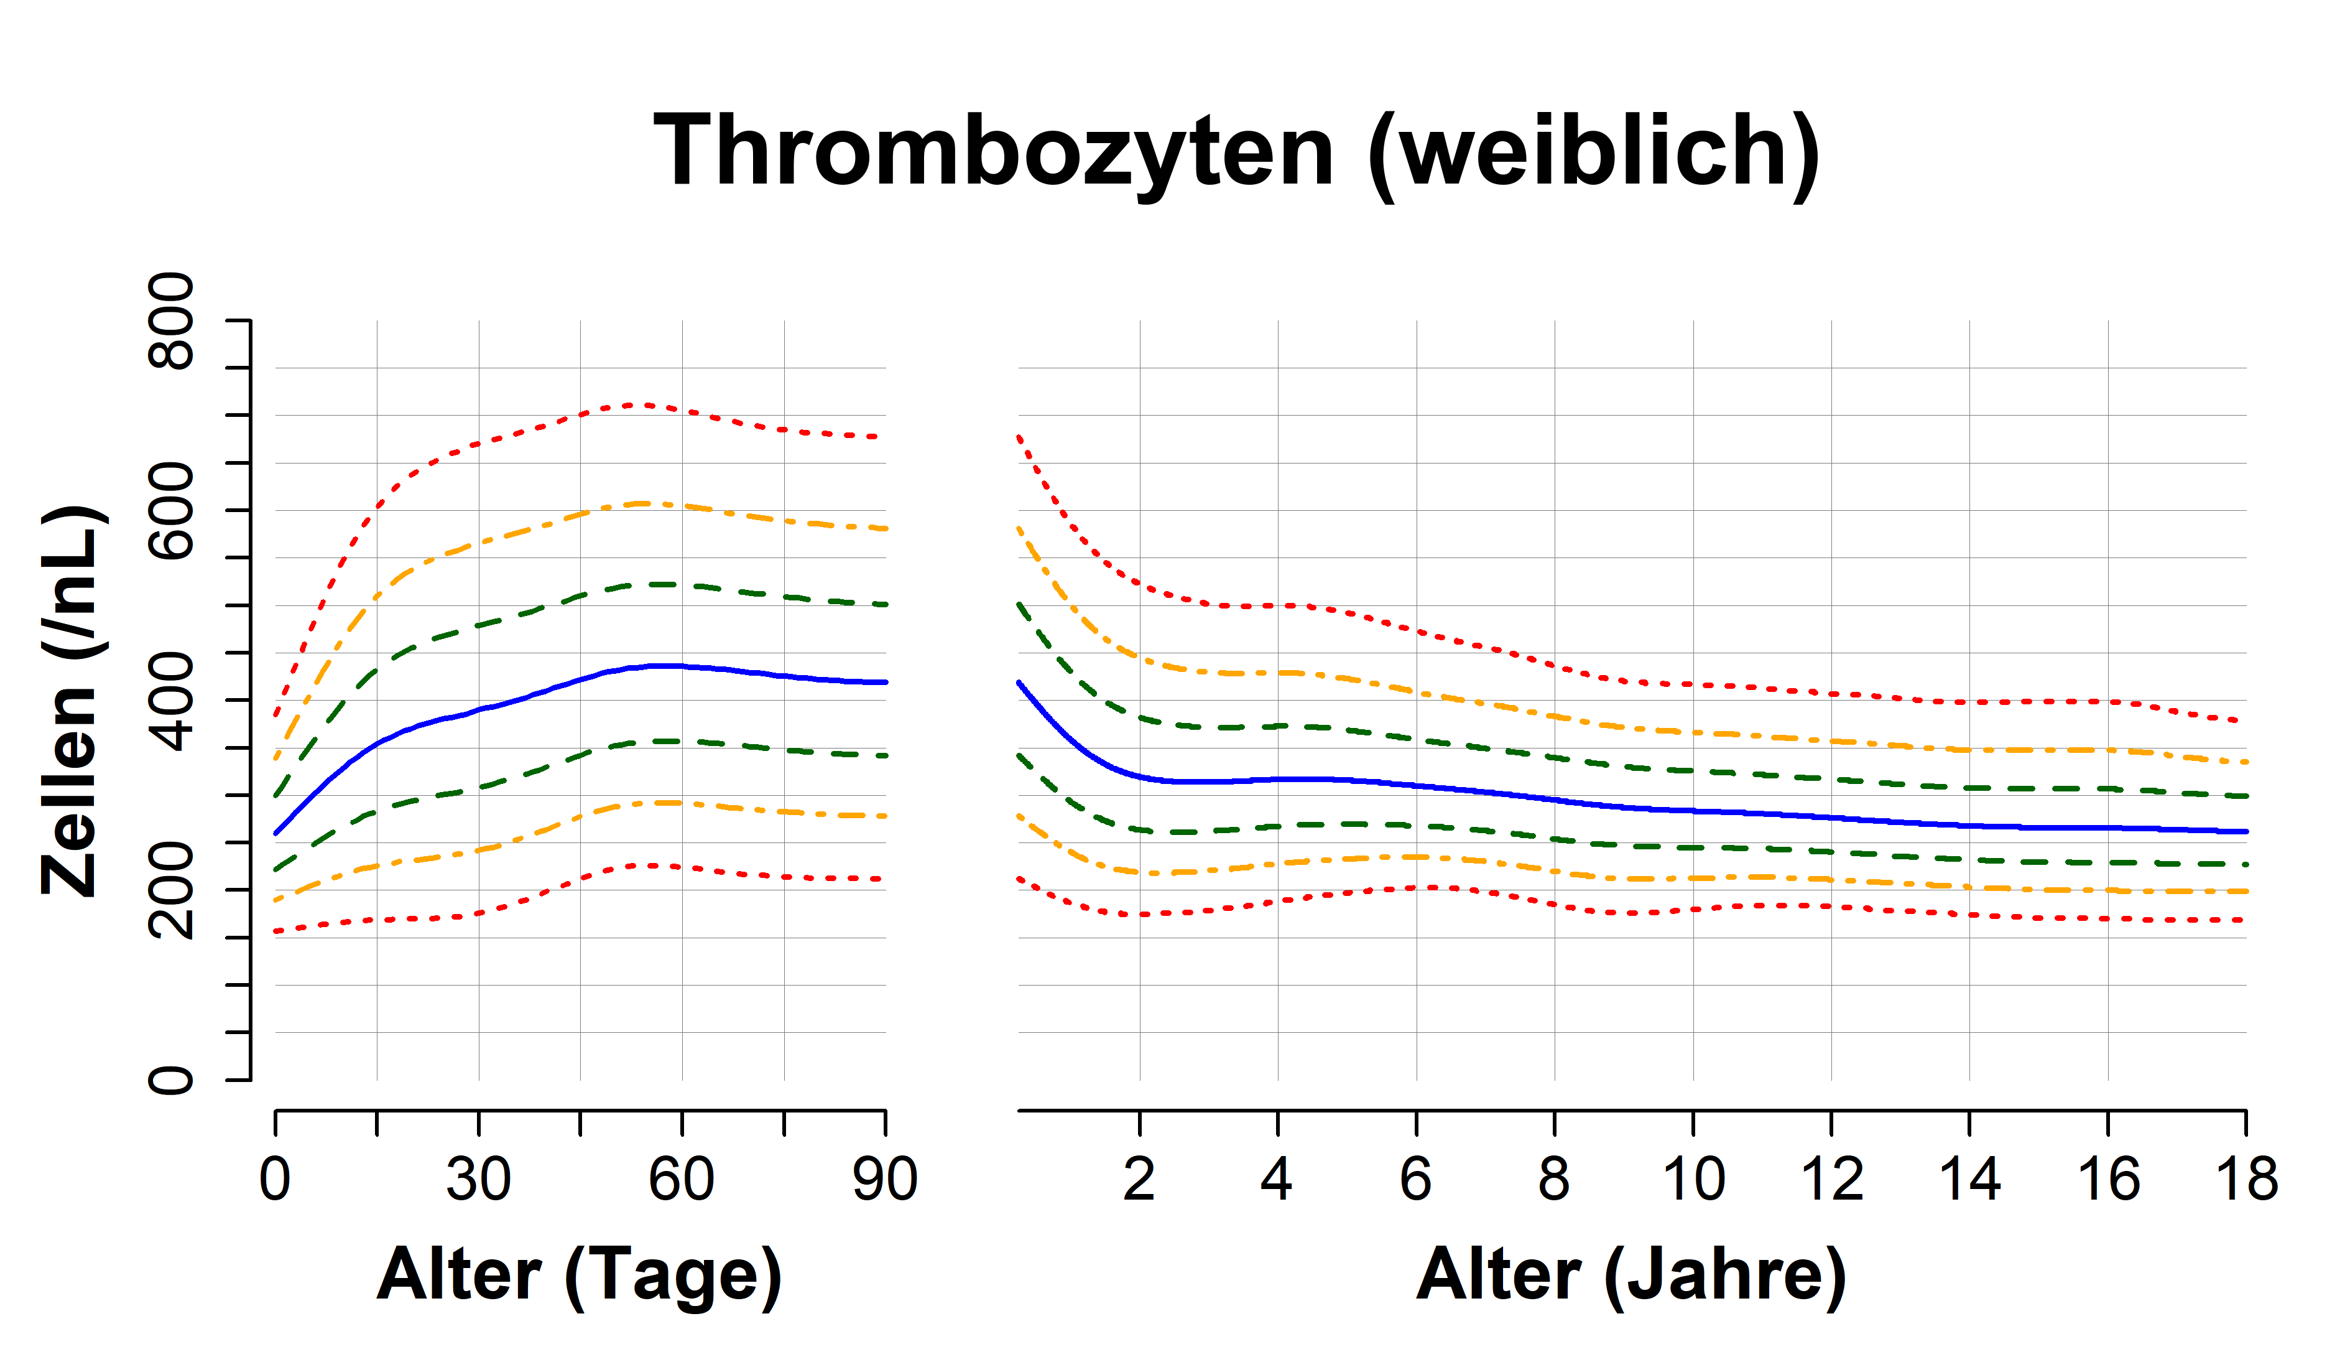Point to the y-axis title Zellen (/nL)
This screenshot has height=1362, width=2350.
click(73, 701)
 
